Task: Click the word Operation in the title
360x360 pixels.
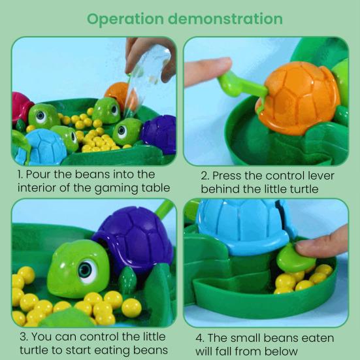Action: point(125,20)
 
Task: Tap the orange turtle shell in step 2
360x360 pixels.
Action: point(299,97)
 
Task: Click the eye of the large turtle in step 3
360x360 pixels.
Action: point(88,270)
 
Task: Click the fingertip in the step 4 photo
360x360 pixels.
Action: point(321,243)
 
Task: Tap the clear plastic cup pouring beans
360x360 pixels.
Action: point(147,76)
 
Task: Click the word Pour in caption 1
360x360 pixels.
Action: point(38,174)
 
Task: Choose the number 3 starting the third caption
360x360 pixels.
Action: point(24,337)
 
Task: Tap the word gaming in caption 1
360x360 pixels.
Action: point(116,189)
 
